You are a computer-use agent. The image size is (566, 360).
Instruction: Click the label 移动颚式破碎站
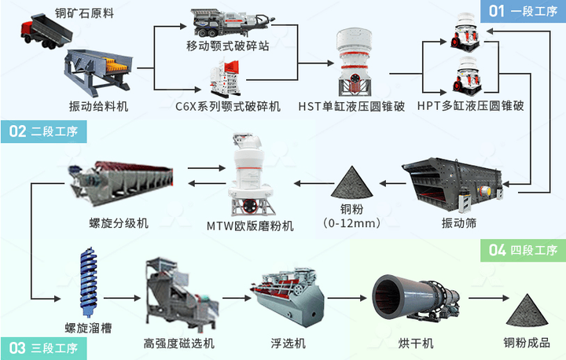[x=227, y=46]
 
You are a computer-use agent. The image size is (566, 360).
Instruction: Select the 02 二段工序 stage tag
[x=43, y=131]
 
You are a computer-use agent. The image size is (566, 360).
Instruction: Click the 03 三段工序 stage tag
[x=43, y=347]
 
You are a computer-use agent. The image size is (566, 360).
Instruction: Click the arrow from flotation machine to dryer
[x=345, y=298]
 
